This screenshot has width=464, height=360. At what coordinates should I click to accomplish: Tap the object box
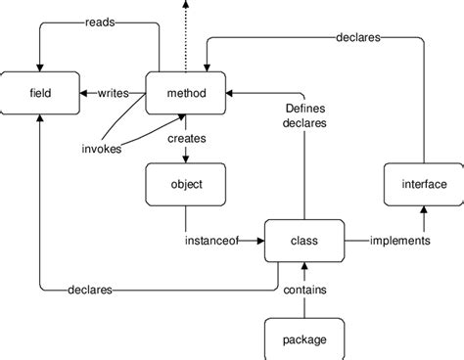pyautogui.click(x=186, y=184)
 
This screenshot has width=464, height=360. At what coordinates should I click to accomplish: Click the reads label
pyautogui.click(x=104, y=21)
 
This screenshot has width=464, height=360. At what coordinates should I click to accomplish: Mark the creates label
pyautogui.click(x=186, y=140)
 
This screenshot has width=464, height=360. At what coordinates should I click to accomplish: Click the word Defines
pyautogui.click(x=305, y=108)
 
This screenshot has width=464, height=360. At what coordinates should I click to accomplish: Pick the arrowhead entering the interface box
pyautogui.click(x=424, y=209)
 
